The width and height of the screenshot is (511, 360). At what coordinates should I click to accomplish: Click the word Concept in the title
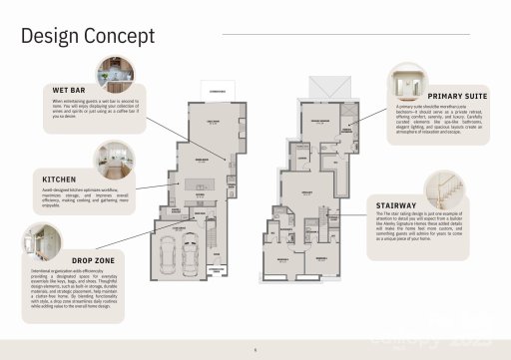pos(122,37)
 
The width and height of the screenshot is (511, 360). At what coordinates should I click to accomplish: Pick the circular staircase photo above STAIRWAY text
pos(442,187)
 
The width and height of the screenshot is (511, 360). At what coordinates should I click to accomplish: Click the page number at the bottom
pos(255,350)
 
